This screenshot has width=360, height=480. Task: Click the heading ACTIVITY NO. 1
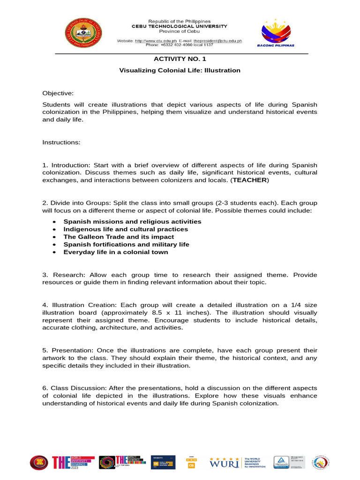pyautogui.click(x=180, y=59)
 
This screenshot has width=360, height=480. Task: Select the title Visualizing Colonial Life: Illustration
pyautogui.click(x=180, y=70)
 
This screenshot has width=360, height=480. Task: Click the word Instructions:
pyautogui.click(x=61, y=142)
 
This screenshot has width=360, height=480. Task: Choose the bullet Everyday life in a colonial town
pyautogui.click(x=116, y=252)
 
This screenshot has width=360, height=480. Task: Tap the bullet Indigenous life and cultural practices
pyautogui.click(x=126, y=229)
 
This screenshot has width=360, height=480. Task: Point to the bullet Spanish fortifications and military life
pyautogui.click(x=127, y=244)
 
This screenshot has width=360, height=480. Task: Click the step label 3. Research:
pyautogui.click(x=64, y=274)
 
